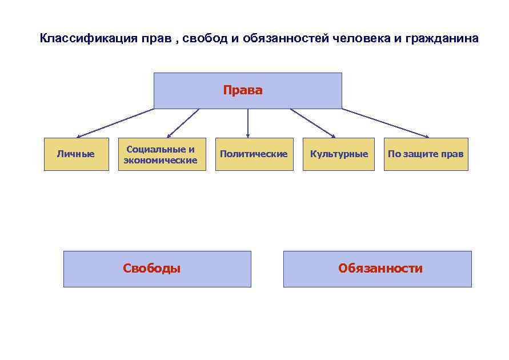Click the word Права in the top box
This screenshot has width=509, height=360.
click(243, 90)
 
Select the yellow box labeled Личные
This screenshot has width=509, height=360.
click(76, 154)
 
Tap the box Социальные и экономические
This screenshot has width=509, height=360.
click(161, 154)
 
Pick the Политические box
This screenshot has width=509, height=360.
click(254, 154)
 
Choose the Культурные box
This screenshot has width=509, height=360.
click(339, 154)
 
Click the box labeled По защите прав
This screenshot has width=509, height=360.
click(426, 154)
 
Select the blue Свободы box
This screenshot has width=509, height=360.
click(157, 269)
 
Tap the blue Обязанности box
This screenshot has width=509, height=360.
click(378, 269)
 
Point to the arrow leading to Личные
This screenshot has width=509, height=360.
click(114, 123)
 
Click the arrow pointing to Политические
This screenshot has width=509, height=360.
click(248, 123)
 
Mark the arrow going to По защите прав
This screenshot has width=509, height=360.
click(386, 123)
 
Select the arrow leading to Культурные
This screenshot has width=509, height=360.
click(313, 123)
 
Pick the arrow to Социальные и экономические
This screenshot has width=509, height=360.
click(183, 123)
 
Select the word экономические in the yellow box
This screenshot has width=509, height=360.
click(161, 161)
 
